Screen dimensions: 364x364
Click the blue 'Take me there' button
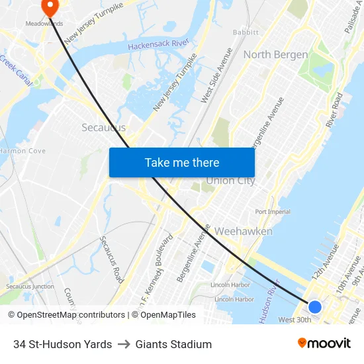[181, 162]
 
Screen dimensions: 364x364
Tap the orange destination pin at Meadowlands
[50, 7]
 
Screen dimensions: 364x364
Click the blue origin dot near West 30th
[315, 306]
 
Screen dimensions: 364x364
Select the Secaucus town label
[103, 127]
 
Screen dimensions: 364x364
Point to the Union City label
[230, 181]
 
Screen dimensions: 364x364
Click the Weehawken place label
[243, 231]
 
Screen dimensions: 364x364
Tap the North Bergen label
[275, 54]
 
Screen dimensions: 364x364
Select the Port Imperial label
[273, 212]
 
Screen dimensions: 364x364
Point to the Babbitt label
[246, 32]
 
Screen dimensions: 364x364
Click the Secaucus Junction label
[30, 286]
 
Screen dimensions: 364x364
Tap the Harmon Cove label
[23, 151]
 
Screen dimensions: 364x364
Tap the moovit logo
[324, 343]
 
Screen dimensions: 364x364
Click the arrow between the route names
[124, 344]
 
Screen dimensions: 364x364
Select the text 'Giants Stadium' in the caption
[173, 344]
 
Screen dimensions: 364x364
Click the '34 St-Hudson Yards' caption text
[62, 344]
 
